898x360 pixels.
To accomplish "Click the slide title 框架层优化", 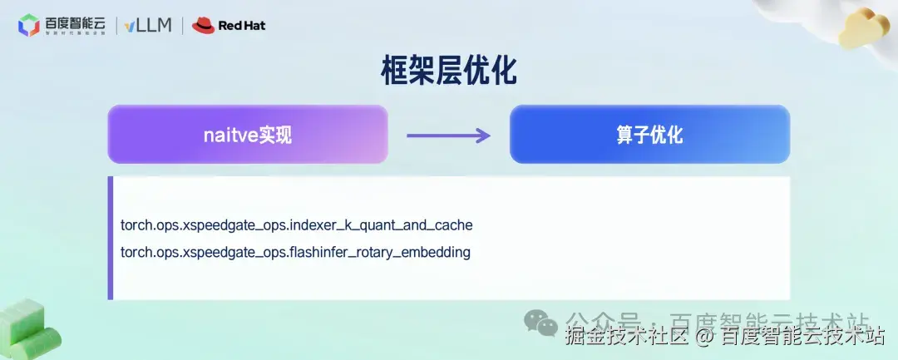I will pos(448,72).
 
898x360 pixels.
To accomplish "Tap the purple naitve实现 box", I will pos(248,134).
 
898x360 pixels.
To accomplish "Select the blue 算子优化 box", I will pos(649,134).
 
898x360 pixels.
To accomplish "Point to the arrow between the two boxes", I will pos(448,134).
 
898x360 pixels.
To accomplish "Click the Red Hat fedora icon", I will pos(204,25).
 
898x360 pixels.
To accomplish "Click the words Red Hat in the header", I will pos(242,26).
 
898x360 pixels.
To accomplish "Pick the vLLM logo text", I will pos(149,25).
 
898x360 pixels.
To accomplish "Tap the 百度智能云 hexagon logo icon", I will pos(29,26).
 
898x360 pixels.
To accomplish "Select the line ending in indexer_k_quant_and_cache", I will pos(296,225).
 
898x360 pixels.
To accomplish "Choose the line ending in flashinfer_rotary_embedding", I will pos(295,252).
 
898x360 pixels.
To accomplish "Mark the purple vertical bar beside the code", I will pos(110,238).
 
